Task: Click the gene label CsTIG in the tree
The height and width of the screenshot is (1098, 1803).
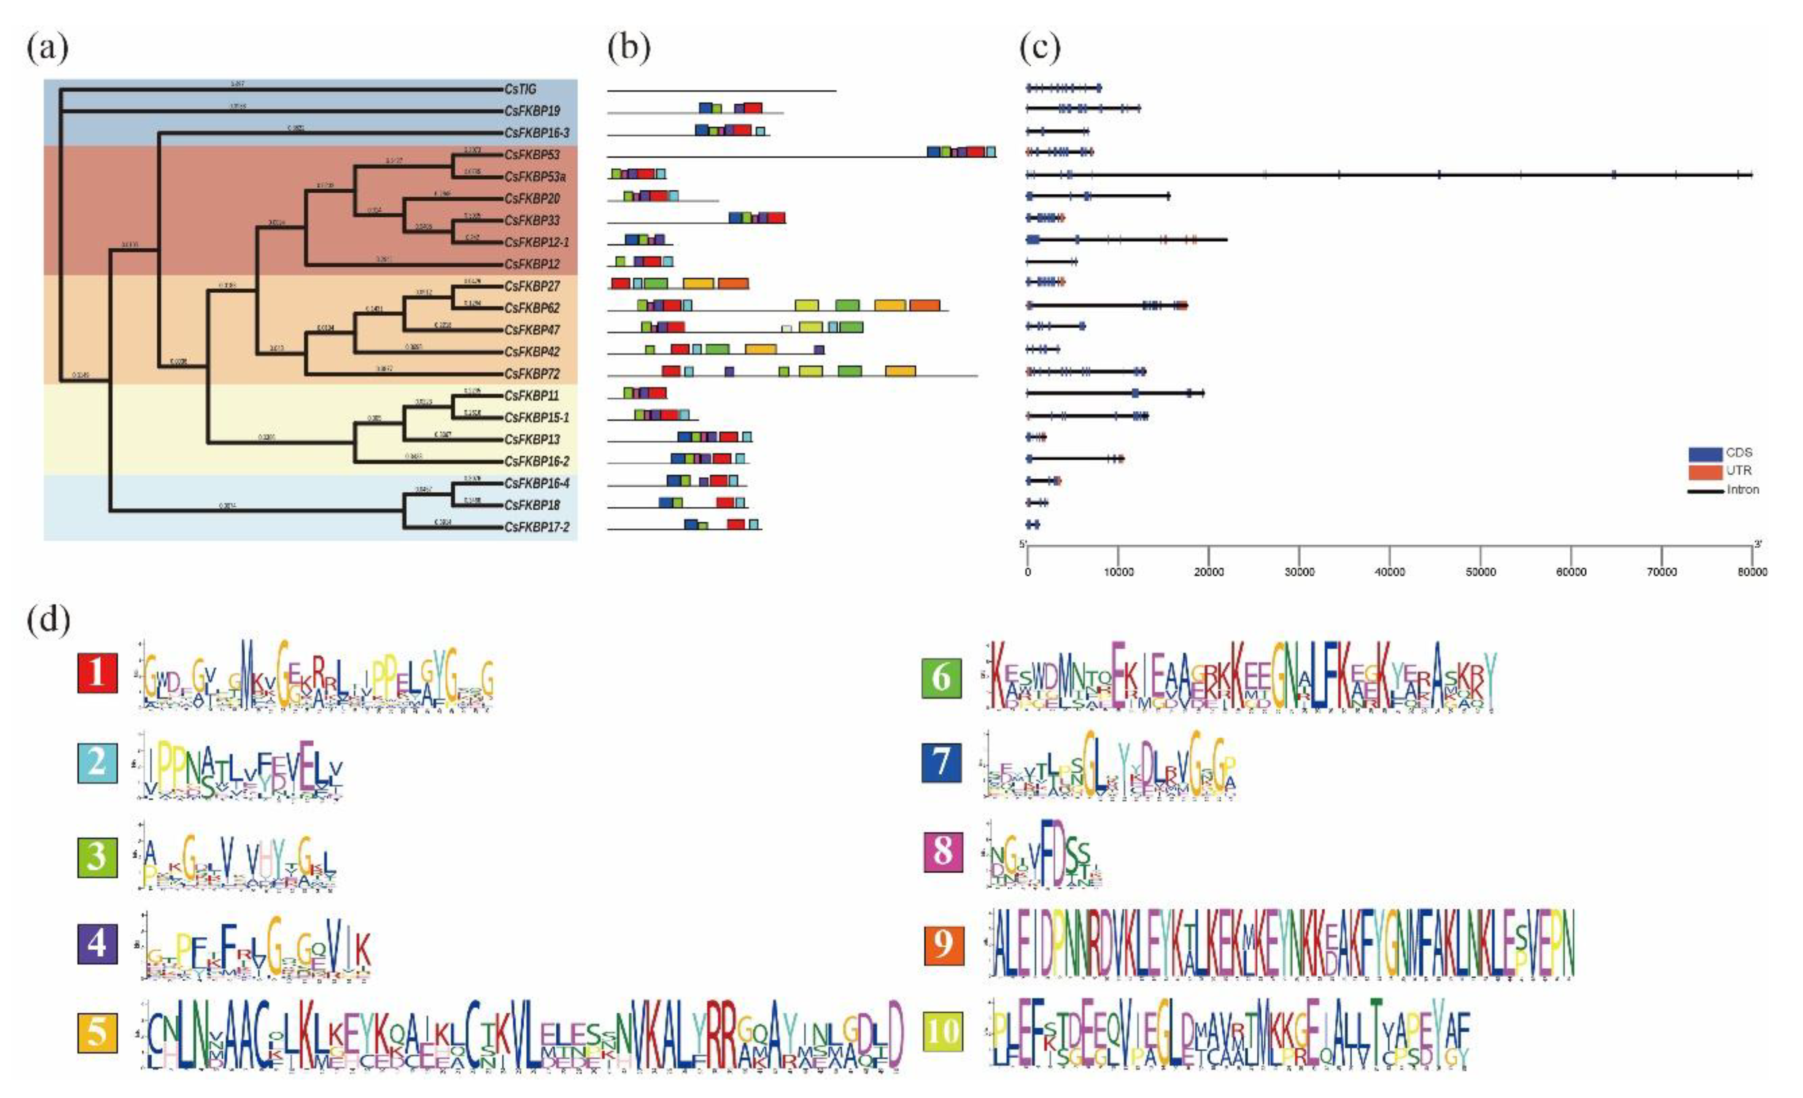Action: coord(520,88)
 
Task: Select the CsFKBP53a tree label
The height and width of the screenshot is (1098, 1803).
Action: coord(534,176)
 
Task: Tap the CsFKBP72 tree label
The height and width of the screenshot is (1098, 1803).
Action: coord(531,374)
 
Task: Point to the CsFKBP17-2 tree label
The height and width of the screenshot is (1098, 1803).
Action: coord(536,527)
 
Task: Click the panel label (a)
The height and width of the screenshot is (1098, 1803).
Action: coord(47,48)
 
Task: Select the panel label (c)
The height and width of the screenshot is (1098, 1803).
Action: coord(1040,48)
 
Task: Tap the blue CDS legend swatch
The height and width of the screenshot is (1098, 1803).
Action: coord(1705,453)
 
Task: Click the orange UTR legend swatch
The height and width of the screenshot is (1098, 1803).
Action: coord(1705,471)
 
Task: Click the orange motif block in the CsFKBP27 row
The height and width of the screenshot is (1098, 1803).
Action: coord(732,284)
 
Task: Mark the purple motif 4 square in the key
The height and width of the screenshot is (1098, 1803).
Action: coord(97,944)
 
